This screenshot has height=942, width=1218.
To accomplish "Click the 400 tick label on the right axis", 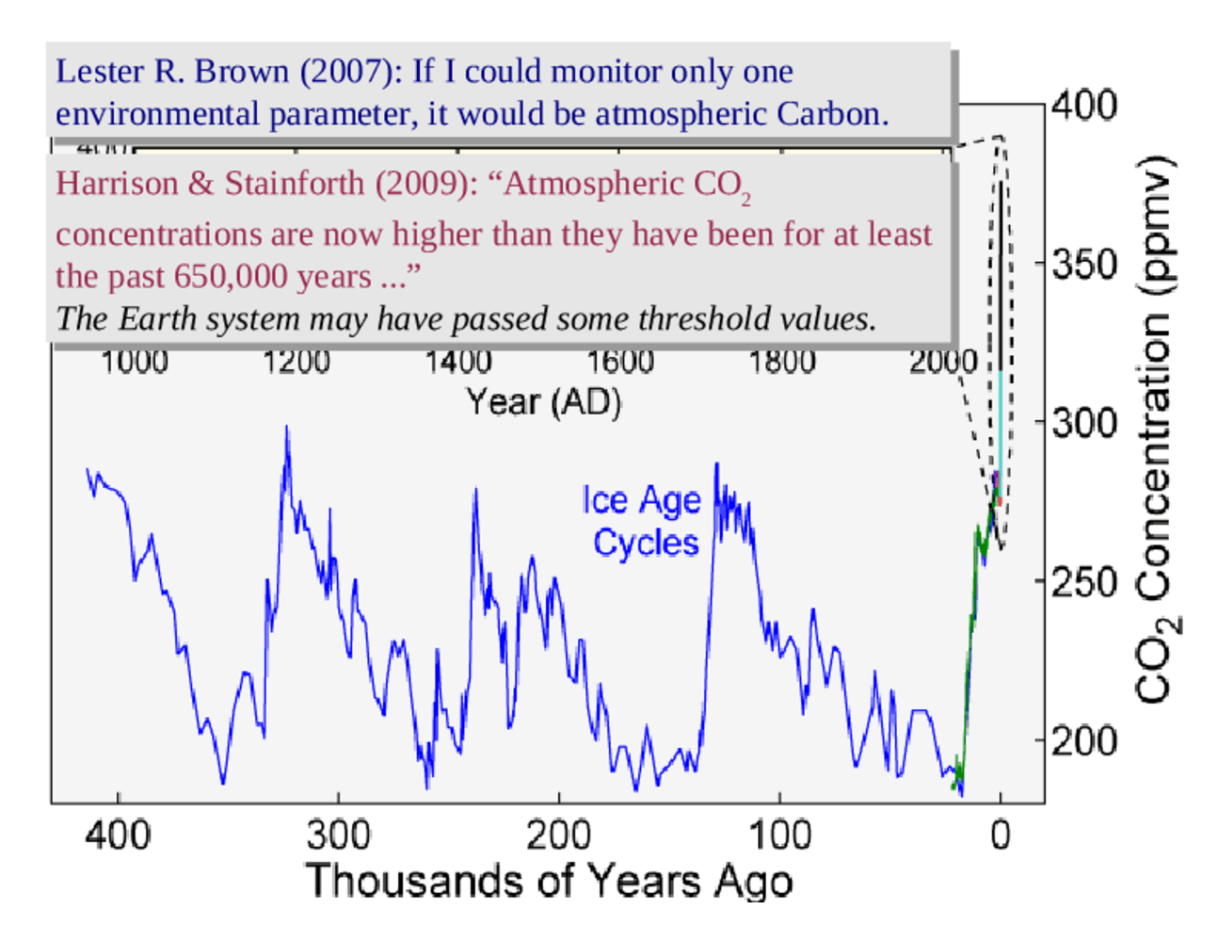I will tap(1083, 105).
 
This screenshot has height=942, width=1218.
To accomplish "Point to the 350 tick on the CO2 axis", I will tap(1083, 264).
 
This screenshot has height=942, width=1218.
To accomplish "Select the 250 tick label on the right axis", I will tap(1083, 582).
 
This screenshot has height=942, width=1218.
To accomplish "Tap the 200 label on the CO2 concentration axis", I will tap(1083, 741).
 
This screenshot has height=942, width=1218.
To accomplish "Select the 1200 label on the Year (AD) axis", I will tap(296, 361).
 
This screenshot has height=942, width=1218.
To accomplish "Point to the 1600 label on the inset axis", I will tap(619, 361).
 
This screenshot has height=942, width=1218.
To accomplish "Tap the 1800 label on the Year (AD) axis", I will tap(781, 361).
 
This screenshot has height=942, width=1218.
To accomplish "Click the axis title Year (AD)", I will tap(544, 402).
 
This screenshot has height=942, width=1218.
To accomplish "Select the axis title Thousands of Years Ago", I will tap(549, 881).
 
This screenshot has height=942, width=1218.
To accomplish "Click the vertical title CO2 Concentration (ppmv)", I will tap(1155, 429).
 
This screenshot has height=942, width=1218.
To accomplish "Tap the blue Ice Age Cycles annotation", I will tap(643, 521).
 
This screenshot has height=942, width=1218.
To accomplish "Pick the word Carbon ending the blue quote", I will tap(832, 114).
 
